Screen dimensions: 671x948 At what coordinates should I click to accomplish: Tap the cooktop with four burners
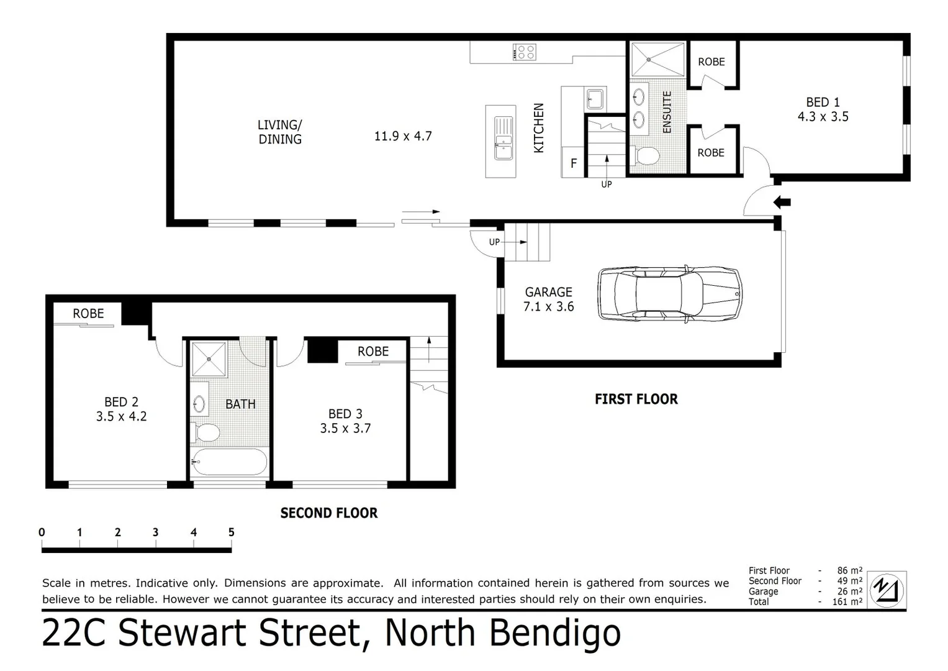[x=525, y=52]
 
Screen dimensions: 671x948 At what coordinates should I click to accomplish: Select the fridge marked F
[x=573, y=163]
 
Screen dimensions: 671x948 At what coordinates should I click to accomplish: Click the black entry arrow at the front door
[x=782, y=202]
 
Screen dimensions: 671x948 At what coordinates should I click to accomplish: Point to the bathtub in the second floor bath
[x=229, y=462]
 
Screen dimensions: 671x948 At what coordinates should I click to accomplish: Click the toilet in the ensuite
[x=646, y=156]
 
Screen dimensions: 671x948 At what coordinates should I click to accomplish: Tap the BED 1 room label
[x=823, y=102]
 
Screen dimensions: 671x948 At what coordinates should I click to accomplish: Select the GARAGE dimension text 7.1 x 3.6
[x=548, y=306]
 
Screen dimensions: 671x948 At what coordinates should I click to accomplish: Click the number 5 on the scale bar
[x=231, y=532]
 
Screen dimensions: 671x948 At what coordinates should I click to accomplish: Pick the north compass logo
[x=887, y=589]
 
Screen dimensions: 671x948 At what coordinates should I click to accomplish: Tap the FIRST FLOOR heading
[x=636, y=399]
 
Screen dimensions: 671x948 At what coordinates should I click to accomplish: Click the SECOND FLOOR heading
[x=328, y=513]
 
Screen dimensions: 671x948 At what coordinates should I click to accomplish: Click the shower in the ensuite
[x=657, y=60]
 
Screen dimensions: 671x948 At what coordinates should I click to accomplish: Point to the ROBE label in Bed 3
[x=372, y=351]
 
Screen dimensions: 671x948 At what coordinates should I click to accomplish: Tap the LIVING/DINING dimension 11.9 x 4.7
[x=402, y=136]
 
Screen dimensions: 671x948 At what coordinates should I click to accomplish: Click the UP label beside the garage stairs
[x=494, y=242]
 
